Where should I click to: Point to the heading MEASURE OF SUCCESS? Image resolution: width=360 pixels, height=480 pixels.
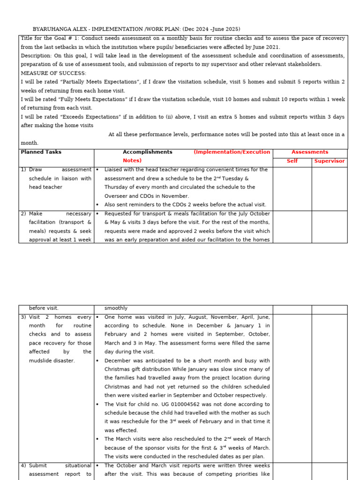(53, 73)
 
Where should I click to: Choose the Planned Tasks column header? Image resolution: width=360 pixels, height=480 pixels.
(41, 152)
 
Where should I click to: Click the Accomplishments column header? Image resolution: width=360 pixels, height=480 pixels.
(147, 152)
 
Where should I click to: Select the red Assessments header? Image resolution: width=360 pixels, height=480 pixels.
(310, 152)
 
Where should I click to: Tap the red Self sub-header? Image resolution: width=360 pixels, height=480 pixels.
(292, 161)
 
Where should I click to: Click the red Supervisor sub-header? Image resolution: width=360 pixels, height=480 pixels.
(329, 161)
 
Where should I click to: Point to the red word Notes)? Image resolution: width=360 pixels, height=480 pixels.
(132, 161)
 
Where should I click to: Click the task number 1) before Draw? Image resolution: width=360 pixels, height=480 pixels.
(23, 170)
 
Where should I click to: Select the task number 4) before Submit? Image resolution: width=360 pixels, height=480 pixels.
(23, 465)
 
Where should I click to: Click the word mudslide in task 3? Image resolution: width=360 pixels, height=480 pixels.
(41, 360)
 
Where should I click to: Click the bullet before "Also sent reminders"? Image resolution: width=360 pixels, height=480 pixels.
(97, 205)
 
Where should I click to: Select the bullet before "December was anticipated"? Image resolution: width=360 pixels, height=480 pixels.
(97, 360)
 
